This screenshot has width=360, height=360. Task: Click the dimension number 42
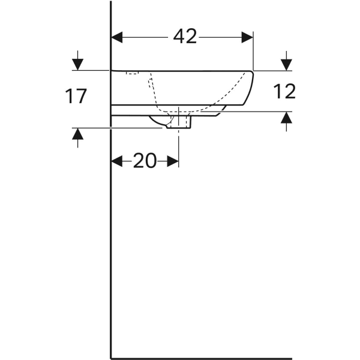(x=185, y=37)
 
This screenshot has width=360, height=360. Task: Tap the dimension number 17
(x=76, y=96)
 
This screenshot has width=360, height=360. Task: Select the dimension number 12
(x=284, y=91)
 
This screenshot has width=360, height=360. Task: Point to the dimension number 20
(x=145, y=161)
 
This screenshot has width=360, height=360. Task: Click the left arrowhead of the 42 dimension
(x=116, y=37)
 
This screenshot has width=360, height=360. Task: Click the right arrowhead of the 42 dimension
(x=247, y=37)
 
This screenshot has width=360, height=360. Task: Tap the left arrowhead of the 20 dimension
(x=116, y=161)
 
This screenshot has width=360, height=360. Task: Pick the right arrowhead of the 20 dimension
(x=173, y=161)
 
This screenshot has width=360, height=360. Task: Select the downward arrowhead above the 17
(x=77, y=65)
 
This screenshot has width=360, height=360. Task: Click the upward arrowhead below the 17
(x=77, y=134)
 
